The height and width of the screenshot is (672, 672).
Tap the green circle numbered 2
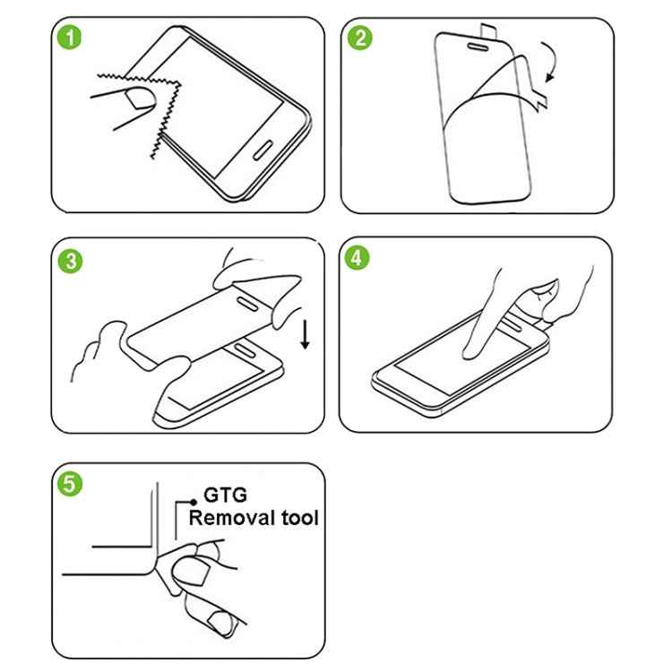360,38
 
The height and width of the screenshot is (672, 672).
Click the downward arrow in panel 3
306,334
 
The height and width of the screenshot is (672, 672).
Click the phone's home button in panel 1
263,148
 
